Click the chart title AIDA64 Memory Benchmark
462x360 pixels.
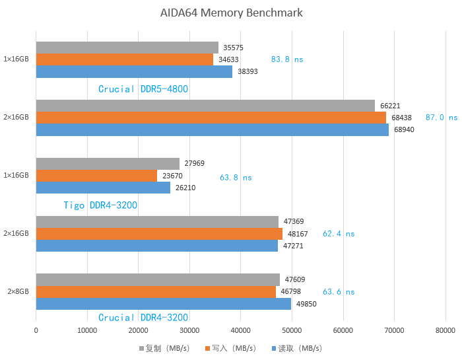(231, 13)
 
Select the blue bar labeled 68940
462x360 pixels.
(212, 129)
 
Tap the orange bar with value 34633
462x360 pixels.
(124, 59)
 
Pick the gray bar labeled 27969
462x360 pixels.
(108, 164)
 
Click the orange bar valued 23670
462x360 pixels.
(96, 176)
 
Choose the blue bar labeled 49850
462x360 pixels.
(163, 304)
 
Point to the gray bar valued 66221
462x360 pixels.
(205, 106)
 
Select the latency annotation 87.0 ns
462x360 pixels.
(441, 117)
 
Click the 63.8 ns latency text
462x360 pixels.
(236, 178)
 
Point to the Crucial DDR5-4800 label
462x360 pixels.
(143, 89)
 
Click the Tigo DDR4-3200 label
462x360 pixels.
(100, 205)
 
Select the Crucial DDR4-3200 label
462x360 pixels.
(143, 318)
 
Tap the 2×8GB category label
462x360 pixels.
(18, 292)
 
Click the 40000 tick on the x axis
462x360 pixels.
(240, 330)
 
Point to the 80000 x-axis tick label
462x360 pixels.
(445, 330)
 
